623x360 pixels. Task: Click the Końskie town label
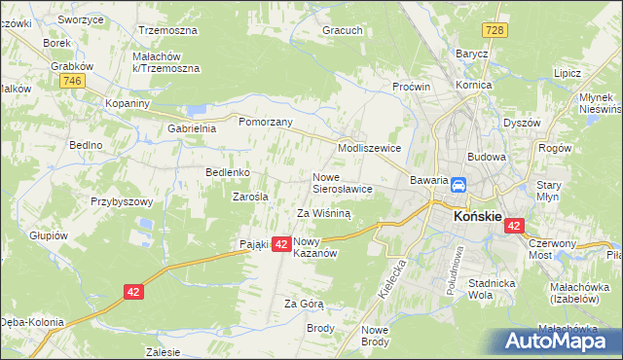point(478,219)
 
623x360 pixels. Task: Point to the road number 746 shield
point(70,82)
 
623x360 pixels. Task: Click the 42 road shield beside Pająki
point(279,244)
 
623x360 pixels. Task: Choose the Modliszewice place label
point(369,148)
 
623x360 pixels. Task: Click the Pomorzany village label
point(266,122)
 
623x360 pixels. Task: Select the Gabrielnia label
point(193,128)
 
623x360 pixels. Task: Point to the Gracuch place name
point(343,30)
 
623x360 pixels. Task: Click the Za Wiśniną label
point(323,212)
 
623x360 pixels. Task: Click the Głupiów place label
point(48,235)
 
